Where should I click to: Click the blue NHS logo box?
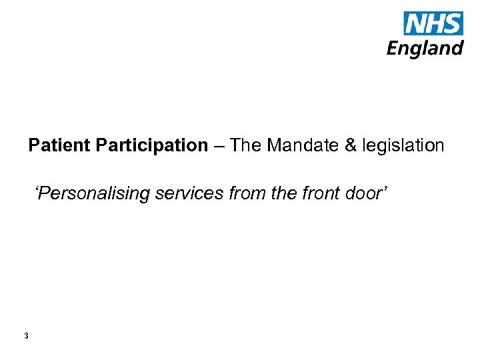(x=433, y=23)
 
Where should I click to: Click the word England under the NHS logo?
(x=425, y=48)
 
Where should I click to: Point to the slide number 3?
(x=26, y=336)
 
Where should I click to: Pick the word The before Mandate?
(x=246, y=145)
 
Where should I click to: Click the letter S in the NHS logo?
(x=453, y=24)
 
